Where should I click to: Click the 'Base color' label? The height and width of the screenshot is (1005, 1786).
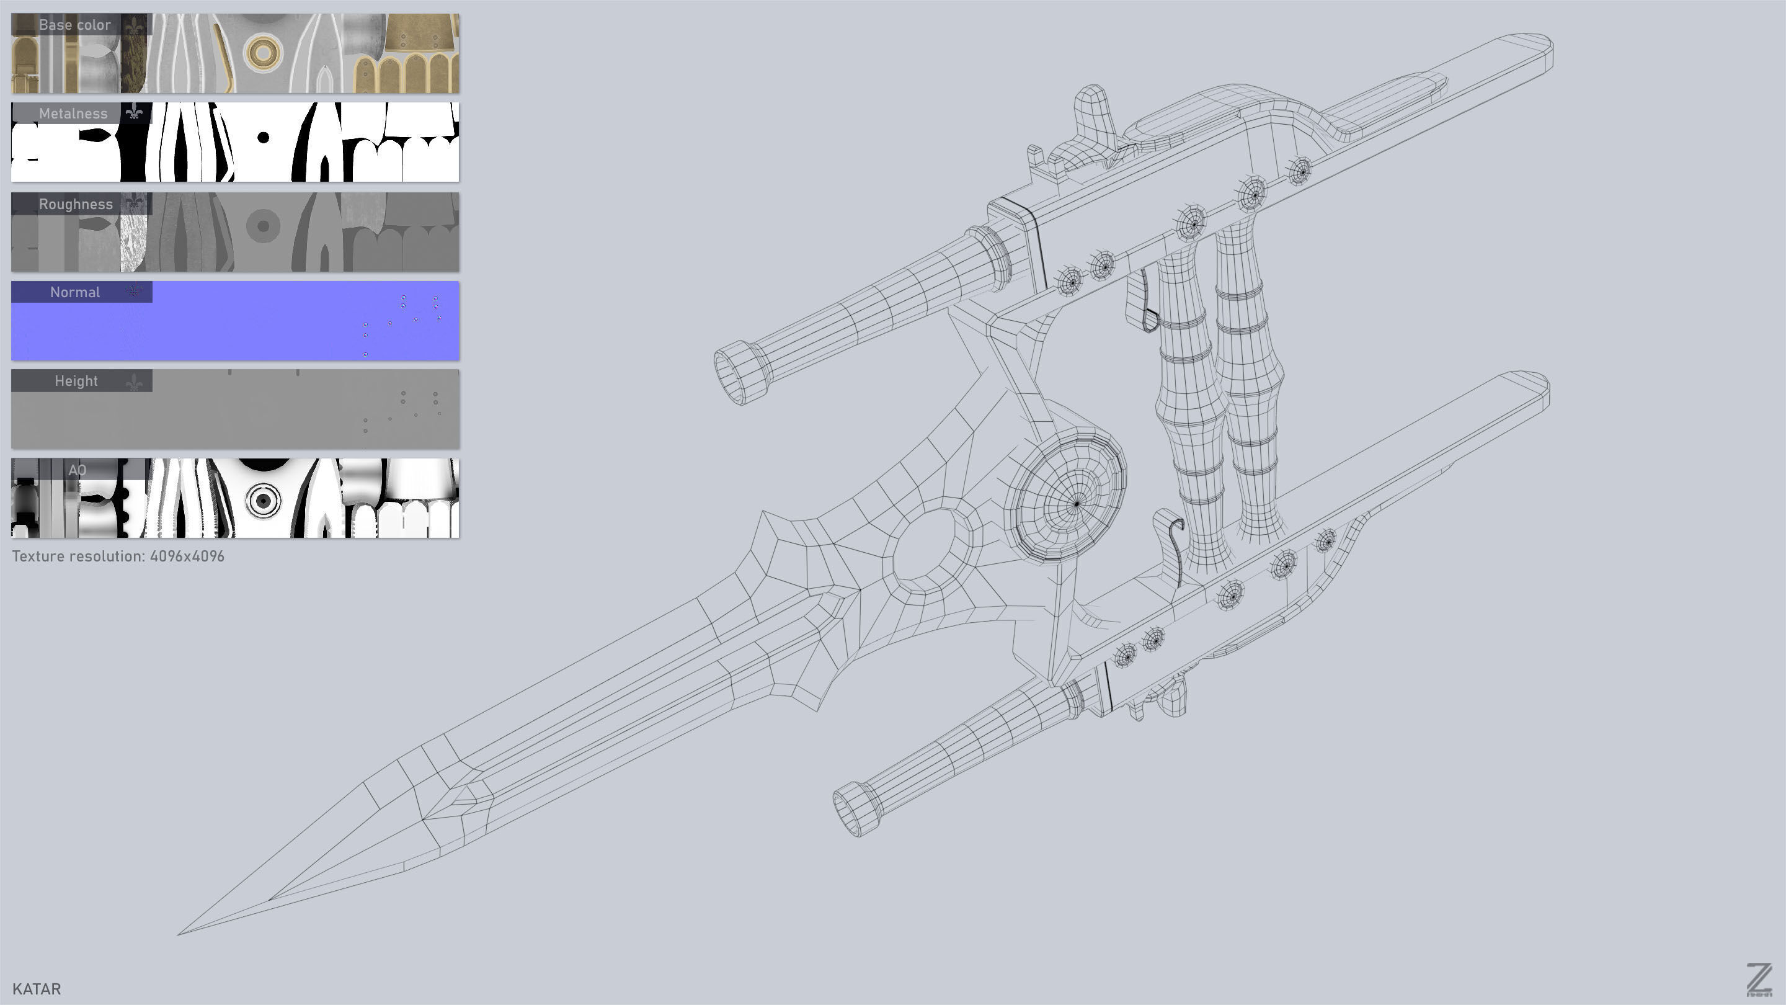(74, 25)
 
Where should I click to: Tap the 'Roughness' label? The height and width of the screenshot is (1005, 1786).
(75, 204)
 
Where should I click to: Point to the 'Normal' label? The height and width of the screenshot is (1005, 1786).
(74, 292)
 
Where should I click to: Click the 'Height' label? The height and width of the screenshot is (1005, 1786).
(76, 381)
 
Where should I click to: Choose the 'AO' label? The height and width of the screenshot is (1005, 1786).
(77, 470)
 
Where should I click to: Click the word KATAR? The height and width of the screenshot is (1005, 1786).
(37, 988)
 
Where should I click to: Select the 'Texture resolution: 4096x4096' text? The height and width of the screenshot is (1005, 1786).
(118, 556)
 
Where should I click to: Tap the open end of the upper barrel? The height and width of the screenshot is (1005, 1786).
(736, 375)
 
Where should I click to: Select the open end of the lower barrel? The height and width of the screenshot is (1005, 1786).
(854, 810)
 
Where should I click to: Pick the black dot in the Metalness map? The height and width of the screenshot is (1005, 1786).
(264, 137)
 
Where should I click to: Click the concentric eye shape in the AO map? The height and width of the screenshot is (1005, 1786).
(264, 499)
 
